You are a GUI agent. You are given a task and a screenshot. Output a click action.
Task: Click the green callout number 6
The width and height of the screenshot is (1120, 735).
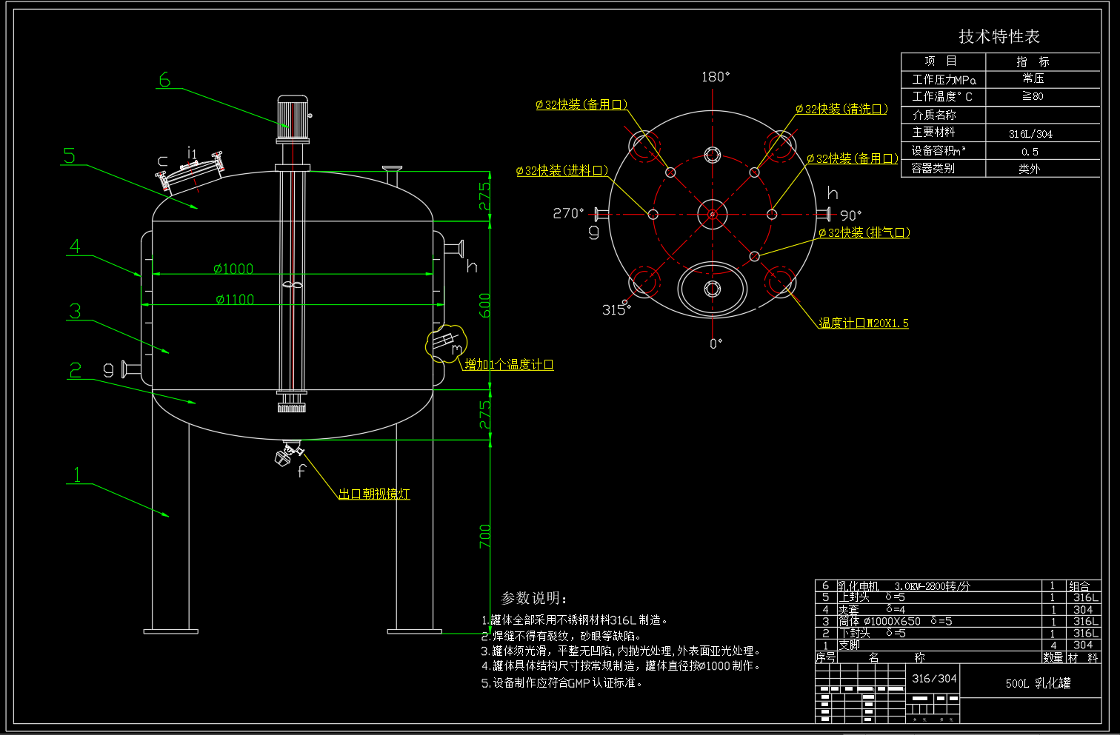[164, 80]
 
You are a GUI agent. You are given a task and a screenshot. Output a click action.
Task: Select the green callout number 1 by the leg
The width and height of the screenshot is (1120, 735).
[77, 474]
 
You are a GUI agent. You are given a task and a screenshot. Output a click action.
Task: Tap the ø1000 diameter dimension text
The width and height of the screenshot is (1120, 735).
[233, 269]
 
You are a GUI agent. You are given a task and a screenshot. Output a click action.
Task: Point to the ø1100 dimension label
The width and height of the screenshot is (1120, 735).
[235, 299]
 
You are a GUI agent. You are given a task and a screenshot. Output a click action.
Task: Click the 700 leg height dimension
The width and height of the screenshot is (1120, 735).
[484, 536]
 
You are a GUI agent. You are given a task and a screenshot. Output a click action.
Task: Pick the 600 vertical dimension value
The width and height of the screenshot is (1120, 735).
[484, 305]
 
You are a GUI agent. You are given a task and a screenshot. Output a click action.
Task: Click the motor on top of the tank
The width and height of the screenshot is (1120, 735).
[293, 118]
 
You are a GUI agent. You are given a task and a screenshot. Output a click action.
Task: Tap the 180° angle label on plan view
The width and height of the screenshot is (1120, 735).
[716, 77]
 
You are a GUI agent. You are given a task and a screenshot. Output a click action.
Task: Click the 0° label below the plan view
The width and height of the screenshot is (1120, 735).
[716, 343]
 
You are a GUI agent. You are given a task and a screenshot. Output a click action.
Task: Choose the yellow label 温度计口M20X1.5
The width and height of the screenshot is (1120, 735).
[863, 323]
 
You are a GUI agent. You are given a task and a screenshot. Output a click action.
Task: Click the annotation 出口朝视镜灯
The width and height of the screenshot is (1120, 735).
[374, 494]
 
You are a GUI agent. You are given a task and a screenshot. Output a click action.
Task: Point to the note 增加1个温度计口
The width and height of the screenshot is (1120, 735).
[509, 364]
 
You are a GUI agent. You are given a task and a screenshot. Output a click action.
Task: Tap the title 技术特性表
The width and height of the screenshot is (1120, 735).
[999, 36]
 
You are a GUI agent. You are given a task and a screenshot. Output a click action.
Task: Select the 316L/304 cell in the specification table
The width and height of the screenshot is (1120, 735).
[1030, 134]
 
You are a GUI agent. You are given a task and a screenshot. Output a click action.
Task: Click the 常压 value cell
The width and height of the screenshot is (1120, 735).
[1033, 78]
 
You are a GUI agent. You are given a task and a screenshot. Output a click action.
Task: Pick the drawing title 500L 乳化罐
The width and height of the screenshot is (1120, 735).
[1038, 683]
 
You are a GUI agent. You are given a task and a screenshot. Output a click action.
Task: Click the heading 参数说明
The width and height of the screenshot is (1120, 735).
[534, 598]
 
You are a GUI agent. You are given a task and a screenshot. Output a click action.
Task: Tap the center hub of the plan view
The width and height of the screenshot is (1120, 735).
[712, 215]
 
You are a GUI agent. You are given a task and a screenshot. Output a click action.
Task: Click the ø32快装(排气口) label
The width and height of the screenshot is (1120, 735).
[864, 232]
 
